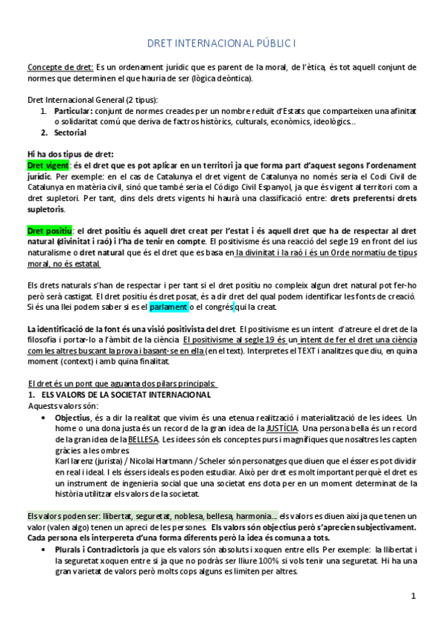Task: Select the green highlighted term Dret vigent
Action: pyautogui.click(x=47, y=165)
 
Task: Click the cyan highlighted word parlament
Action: pyautogui.click(x=169, y=307)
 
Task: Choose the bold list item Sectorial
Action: pyautogui.click(x=70, y=133)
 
